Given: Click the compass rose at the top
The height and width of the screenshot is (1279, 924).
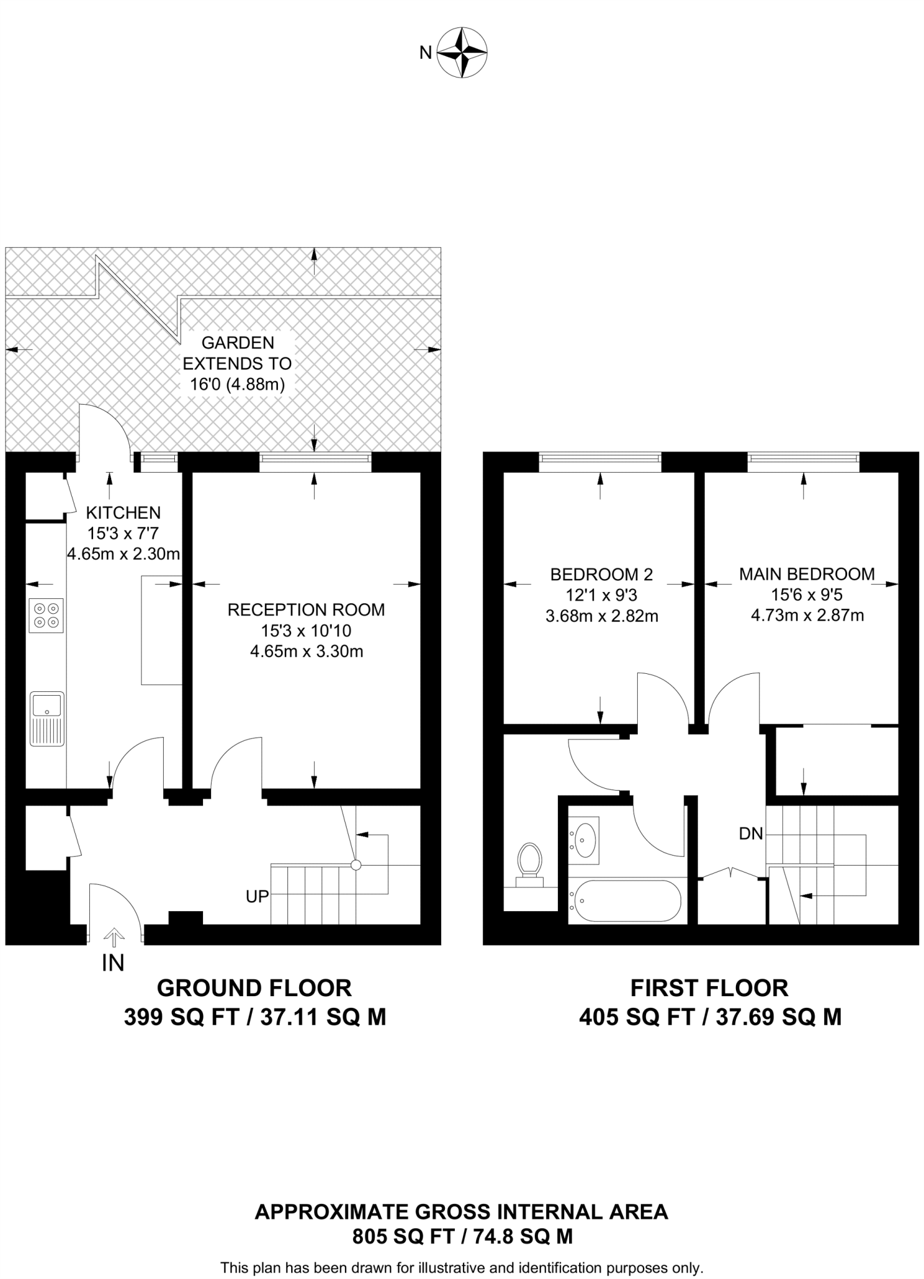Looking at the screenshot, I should [462, 52].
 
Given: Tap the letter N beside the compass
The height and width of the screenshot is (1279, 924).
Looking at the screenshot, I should [425, 53].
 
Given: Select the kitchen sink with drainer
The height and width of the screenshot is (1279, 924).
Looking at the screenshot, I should [47, 718].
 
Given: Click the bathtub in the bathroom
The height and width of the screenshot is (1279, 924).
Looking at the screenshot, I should [625, 901].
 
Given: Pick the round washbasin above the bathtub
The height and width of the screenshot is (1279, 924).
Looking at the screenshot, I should [584, 840].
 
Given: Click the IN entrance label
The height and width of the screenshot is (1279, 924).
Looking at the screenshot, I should [113, 963].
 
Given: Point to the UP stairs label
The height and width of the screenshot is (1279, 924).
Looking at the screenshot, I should [257, 896].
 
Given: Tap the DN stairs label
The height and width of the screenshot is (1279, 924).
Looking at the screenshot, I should [751, 833].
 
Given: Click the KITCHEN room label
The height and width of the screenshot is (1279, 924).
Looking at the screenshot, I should [123, 513].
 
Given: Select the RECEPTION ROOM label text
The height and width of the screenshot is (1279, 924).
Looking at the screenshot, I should [306, 610].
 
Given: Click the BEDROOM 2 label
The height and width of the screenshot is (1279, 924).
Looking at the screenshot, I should [601, 574].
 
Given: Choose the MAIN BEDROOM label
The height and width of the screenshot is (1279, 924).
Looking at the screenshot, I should [807, 574].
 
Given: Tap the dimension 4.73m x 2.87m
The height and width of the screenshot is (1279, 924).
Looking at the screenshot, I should [807, 616].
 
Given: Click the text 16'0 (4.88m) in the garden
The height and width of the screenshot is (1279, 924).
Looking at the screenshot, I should [237, 384].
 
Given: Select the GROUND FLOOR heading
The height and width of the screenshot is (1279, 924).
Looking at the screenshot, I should [254, 988].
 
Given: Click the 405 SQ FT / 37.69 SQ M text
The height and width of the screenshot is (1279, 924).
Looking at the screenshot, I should [710, 1017].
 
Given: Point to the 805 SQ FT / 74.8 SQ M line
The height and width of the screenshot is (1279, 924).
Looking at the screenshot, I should [462, 1236].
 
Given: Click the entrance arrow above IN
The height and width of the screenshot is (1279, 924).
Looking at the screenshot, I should [114, 936].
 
